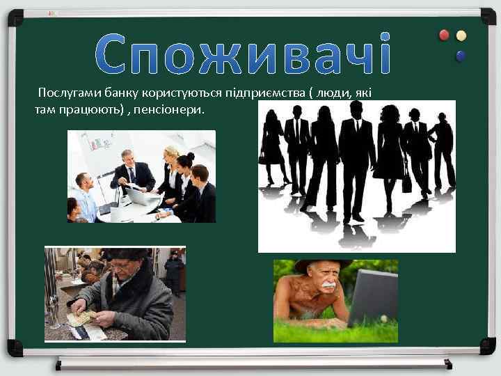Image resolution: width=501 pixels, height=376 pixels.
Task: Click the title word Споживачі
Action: point(243,54)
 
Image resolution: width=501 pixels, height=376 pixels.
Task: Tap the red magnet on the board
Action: point(444,36)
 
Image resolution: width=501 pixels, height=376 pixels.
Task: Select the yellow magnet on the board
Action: point(461,36)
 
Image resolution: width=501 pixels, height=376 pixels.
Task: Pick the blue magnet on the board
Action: point(460,55)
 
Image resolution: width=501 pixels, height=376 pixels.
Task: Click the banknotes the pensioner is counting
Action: point(81,317)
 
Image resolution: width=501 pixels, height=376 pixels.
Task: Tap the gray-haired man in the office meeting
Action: point(130,169)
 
